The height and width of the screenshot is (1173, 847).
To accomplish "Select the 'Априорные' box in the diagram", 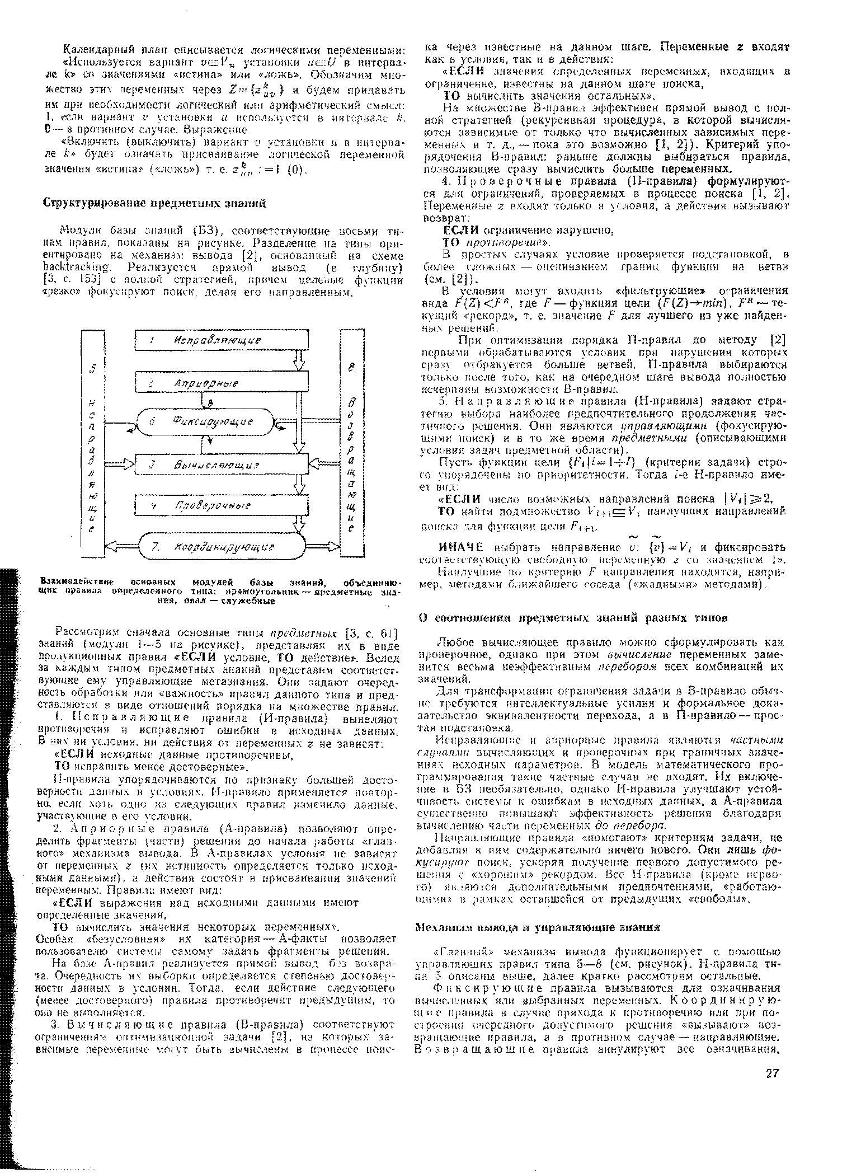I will click(x=222, y=383).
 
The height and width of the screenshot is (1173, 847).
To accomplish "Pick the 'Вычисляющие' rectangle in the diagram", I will click(x=222, y=463).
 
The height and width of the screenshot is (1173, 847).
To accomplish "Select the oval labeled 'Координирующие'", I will click(x=222, y=546).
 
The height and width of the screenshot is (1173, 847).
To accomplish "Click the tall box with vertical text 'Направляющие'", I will click(x=92, y=445).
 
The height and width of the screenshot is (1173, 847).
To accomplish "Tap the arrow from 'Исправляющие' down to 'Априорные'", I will click(x=300, y=360).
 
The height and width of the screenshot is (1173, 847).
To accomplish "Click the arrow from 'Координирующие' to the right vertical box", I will click(x=324, y=546).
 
